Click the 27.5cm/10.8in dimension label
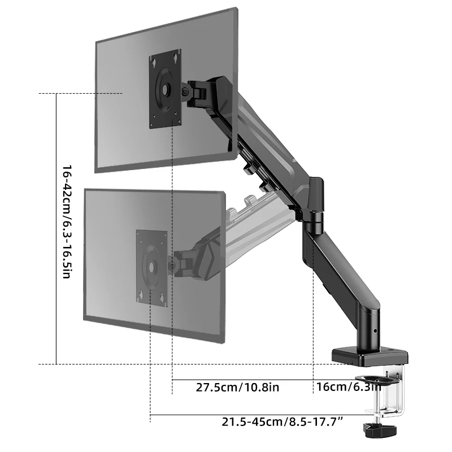[x=237, y=388]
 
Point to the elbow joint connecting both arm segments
[x=314, y=203]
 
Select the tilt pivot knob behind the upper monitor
[x=186, y=92]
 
